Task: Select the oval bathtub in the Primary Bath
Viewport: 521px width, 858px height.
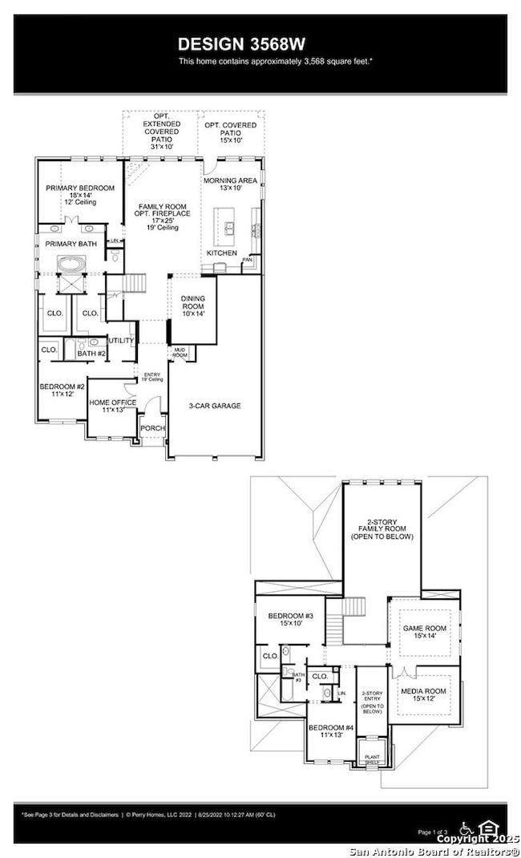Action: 72,263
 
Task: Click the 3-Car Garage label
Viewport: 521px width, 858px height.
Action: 215,406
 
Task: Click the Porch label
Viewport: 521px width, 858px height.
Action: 152,428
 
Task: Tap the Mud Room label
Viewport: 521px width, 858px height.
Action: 180,353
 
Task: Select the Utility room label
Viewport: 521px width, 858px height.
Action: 121,341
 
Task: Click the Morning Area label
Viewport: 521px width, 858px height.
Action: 230,184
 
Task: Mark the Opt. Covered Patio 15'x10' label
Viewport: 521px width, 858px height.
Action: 231,131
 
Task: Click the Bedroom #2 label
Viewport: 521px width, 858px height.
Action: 62,391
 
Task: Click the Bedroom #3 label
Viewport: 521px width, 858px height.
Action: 289,620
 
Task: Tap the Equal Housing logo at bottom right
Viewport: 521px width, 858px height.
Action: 487,827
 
